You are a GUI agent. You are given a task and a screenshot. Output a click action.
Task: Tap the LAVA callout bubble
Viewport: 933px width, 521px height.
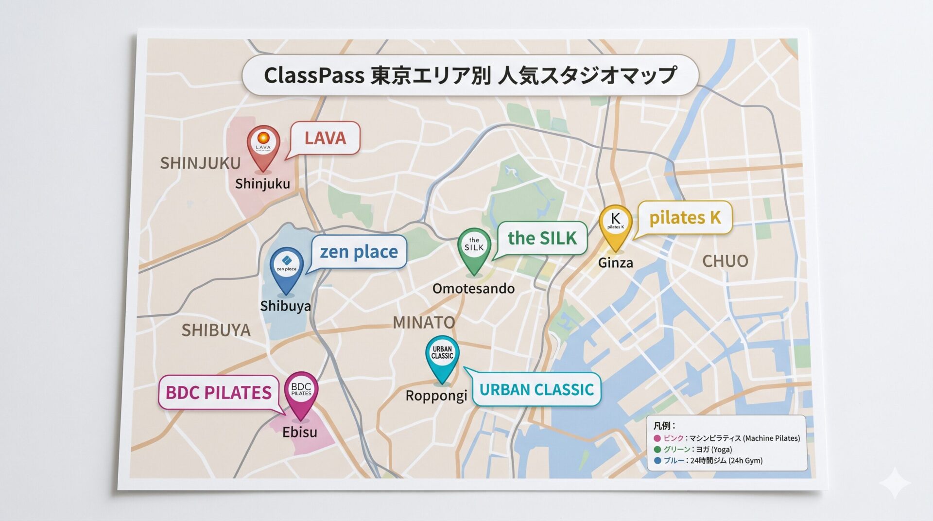[x=325, y=138]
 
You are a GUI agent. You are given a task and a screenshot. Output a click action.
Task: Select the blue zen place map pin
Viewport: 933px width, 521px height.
[x=286, y=266]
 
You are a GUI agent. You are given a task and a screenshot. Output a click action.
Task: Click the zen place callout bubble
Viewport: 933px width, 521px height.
[x=359, y=252]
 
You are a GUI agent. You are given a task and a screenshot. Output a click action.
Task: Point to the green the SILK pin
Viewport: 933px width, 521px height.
[x=474, y=247]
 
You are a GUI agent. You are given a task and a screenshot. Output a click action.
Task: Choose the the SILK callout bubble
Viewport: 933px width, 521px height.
[x=542, y=238]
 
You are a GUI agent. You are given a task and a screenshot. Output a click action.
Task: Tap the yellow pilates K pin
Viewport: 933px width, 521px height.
[x=615, y=224]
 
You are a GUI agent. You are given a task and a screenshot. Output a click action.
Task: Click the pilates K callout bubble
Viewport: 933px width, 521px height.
[x=685, y=218]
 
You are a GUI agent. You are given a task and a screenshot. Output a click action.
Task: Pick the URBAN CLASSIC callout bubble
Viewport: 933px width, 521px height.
[x=536, y=389]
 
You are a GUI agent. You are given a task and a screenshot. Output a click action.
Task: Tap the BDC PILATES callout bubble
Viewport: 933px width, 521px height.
[x=219, y=393]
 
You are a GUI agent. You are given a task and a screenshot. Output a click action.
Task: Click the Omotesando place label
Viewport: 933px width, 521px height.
[x=473, y=289]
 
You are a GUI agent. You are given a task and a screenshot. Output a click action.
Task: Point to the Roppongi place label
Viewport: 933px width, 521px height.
[x=436, y=396]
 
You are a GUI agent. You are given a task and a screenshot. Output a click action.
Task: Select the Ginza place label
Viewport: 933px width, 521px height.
[x=615, y=263]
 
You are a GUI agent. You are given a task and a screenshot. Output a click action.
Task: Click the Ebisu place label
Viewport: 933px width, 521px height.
[x=299, y=432]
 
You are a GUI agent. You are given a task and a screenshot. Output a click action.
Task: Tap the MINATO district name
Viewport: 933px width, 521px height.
[x=424, y=322]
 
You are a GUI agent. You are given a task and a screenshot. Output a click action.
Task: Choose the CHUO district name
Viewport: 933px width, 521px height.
[x=725, y=261]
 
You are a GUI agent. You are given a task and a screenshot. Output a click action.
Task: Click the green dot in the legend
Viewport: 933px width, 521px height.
[x=657, y=450]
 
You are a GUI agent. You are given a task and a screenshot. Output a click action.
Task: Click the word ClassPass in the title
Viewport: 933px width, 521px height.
[x=314, y=75]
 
